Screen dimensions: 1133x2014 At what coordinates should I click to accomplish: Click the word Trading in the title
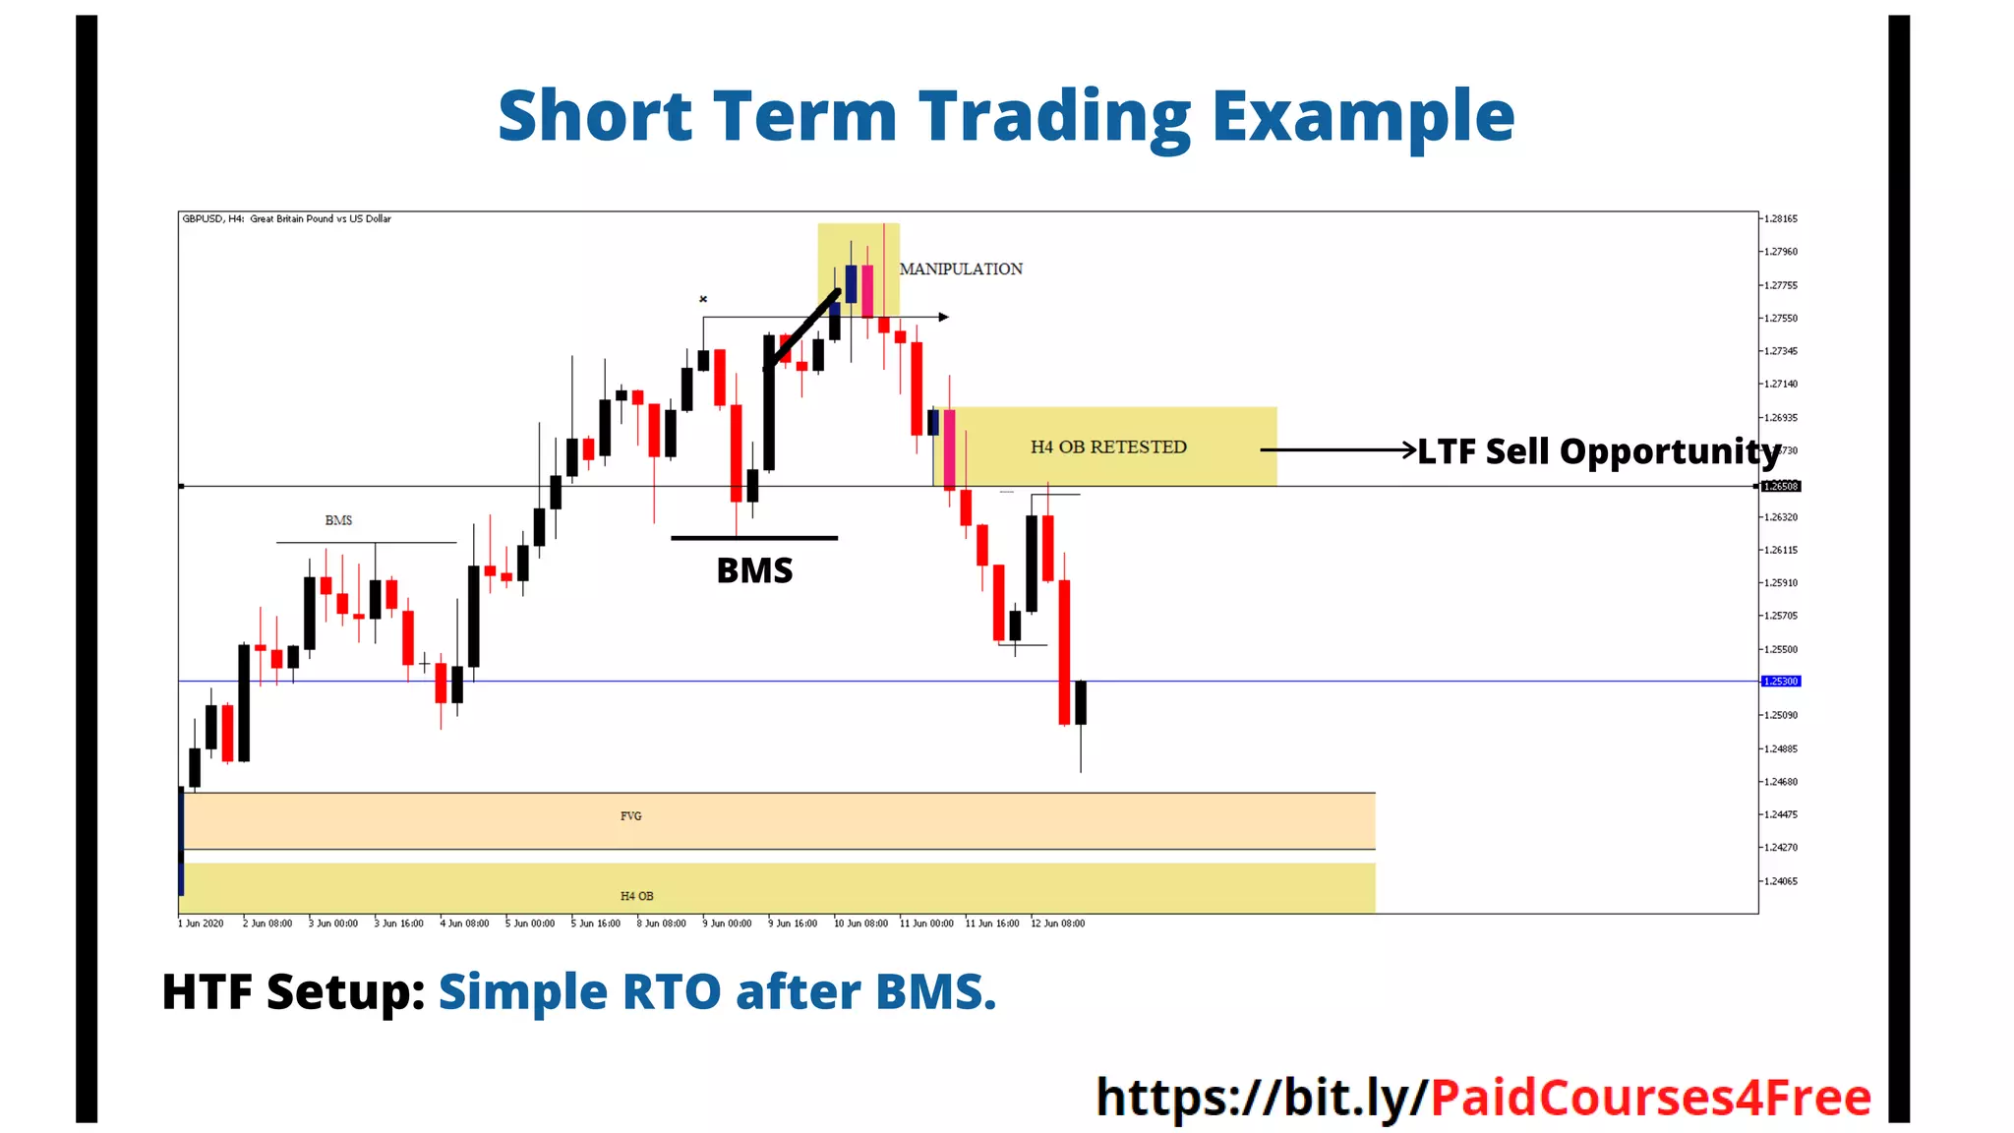[1054, 117]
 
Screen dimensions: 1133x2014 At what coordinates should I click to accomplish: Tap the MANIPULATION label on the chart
[961, 269]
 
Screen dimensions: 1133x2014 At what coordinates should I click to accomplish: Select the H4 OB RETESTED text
[1108, 447]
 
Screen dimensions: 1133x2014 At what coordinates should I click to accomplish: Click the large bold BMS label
[754, 571]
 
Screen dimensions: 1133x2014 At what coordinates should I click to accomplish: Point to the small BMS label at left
[338, 520]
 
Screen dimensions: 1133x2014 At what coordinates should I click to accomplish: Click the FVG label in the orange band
[630, 816]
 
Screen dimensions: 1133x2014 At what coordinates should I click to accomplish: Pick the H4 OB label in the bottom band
[636, 896]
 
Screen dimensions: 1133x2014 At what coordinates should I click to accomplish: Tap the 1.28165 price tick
[1781, 219]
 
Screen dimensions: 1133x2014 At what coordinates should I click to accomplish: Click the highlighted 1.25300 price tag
[1781, 682]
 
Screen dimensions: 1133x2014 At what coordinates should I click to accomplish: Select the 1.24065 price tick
[1781, 881]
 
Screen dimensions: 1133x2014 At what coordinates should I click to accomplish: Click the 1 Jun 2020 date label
[201, 924]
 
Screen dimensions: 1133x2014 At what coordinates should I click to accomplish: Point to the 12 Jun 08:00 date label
[1057, 924]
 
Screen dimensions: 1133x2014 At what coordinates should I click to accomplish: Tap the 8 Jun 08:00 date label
[661, 924]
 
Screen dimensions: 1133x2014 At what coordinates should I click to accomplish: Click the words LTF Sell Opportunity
[1598, 451]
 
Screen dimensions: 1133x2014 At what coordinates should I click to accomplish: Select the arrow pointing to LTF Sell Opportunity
[1337, 449]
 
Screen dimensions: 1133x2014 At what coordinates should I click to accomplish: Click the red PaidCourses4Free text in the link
[1650, 1098]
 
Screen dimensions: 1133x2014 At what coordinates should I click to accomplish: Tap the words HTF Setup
[292, 991]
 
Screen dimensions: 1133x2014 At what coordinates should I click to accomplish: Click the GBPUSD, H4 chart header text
[286, 219]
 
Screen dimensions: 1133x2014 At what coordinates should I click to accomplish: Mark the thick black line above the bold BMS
[754, 538]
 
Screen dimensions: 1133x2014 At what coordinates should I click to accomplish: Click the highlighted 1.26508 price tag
[1781, 487]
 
